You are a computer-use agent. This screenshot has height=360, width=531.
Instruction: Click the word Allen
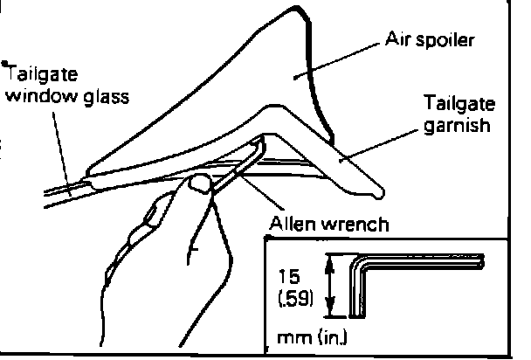tap(296, 225)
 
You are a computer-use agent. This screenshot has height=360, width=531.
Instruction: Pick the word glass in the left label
tap(104, 95)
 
